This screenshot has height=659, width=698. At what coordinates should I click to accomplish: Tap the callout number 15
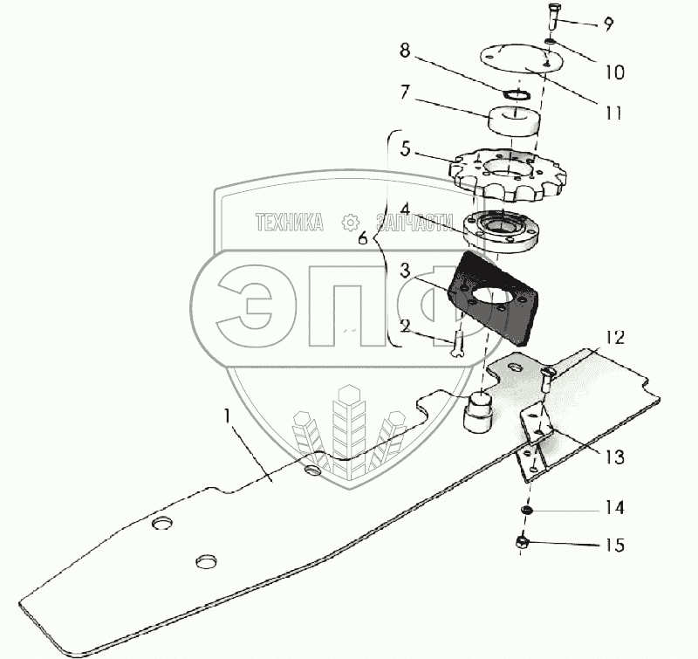tap(614, 546)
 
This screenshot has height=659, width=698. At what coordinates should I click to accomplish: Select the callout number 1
tap(228, 417)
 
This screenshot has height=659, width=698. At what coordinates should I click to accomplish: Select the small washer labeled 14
tap(529, 509)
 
